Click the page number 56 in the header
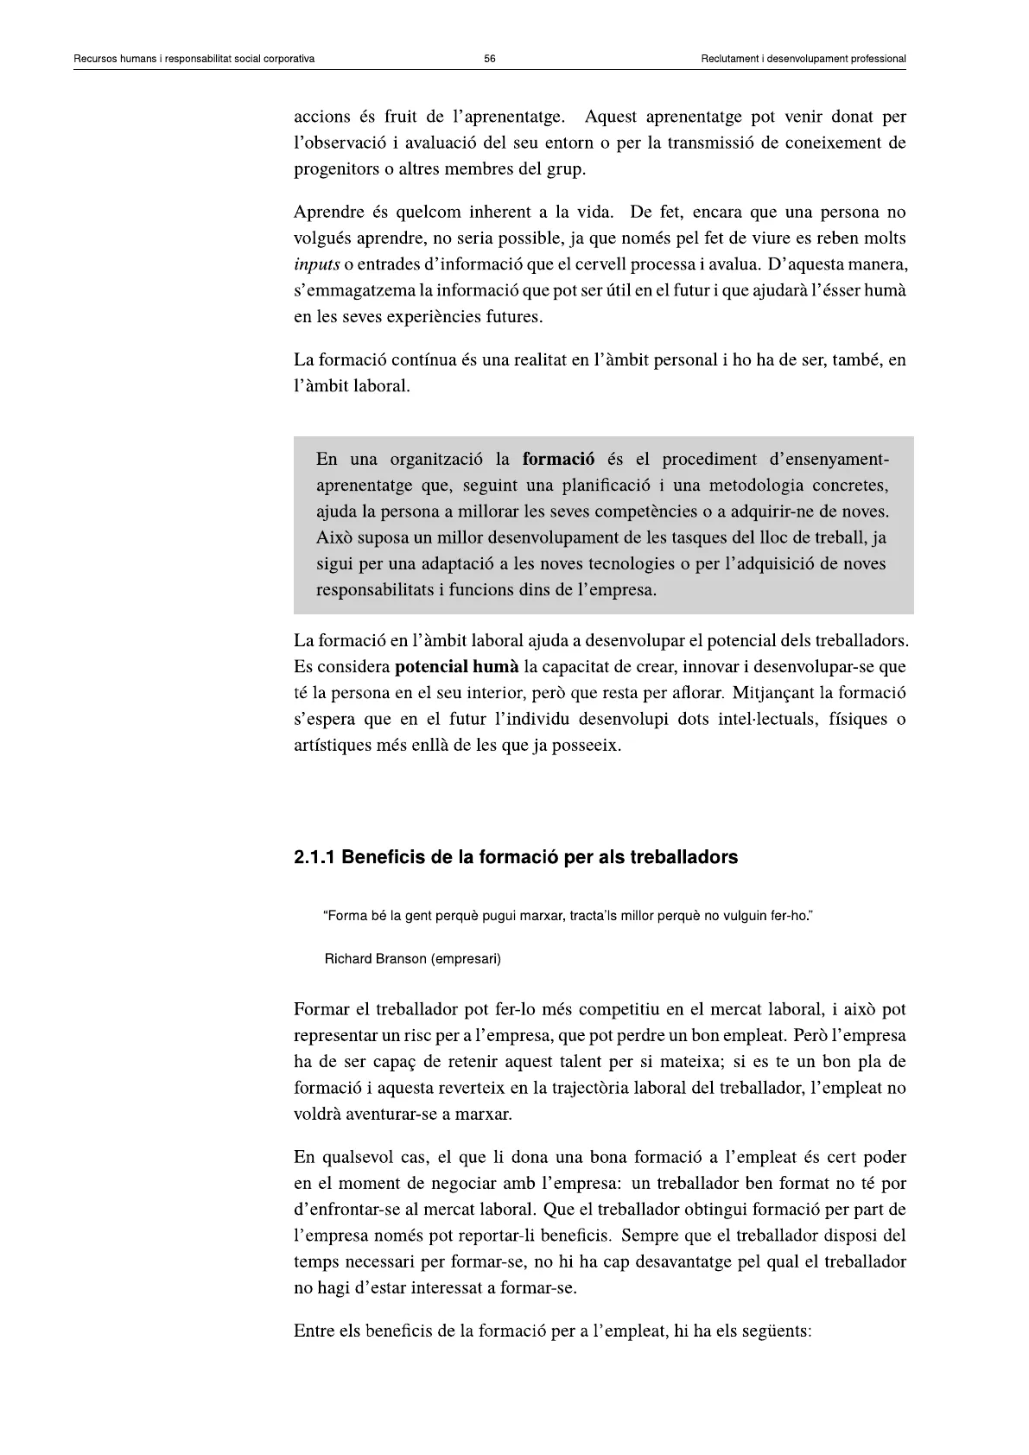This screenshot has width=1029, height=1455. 490,59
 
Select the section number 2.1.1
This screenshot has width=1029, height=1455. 315,858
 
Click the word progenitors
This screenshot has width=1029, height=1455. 334,168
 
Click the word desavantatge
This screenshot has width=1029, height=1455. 683,1261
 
